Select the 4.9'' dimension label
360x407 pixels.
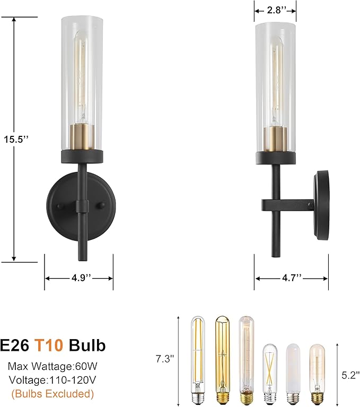click(x=78, y=278)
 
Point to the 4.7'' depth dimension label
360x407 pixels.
click(x=291, y=278)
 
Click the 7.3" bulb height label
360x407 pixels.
click(x=166, y=359)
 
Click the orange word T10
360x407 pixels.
click(x=49, y=346)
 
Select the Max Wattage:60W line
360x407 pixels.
click(x=52, y=366)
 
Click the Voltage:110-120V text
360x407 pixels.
click(x=52, y=380)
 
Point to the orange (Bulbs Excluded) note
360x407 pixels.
click(x=52, y=394)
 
